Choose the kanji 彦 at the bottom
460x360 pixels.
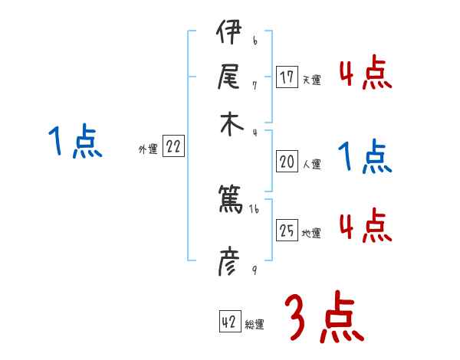(229, 264)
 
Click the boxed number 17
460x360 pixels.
(287, 77)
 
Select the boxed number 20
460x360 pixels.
(287, 162)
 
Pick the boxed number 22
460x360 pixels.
(173, 148)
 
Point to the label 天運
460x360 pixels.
(311, 80)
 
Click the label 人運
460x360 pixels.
(311, 164)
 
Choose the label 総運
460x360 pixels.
(255, 325)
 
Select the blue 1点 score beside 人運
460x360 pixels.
(365, 158)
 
